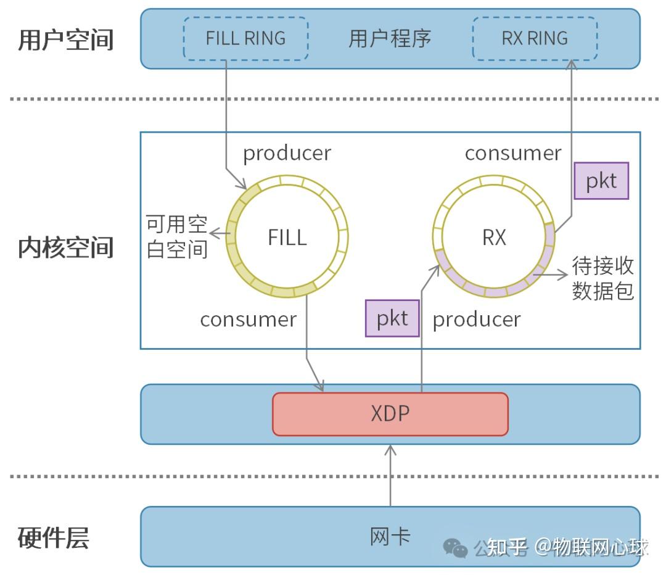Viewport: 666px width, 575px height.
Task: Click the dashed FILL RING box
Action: [x=245, y=38]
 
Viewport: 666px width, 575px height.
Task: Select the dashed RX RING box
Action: [x=535, y=38]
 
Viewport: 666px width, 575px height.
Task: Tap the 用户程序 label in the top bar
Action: [x=390, y=38]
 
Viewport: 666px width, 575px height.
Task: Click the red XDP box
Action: [x=390, y=413]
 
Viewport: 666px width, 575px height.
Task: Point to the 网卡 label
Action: [x=390, y=536]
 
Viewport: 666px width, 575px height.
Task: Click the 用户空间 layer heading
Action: [x=66, y=39]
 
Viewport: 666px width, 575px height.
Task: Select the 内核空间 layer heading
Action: [x=66, y=247]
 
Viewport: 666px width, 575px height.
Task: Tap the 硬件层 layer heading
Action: [x=54, y=537]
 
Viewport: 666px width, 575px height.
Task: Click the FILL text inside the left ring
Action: [x=287, y=238]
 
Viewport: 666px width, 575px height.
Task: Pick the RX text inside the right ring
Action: [x=494, y=238]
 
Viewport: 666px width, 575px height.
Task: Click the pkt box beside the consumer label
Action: [x=601, y=181]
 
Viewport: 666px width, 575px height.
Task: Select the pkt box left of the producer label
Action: [x=392, y=318]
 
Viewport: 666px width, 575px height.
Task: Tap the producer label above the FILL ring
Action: [x=287, y=153]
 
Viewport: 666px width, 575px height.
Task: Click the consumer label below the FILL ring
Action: [x=248, y=319]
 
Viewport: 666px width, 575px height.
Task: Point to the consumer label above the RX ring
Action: [x=513, y=153]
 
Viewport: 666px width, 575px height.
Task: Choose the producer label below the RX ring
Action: [x=477, y=319]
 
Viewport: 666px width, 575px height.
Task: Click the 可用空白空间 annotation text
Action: [x=176, y=237]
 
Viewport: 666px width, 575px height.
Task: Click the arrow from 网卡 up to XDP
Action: [x=390, y=475]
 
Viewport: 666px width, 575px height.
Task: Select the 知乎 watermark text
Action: [x=507, y=547]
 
